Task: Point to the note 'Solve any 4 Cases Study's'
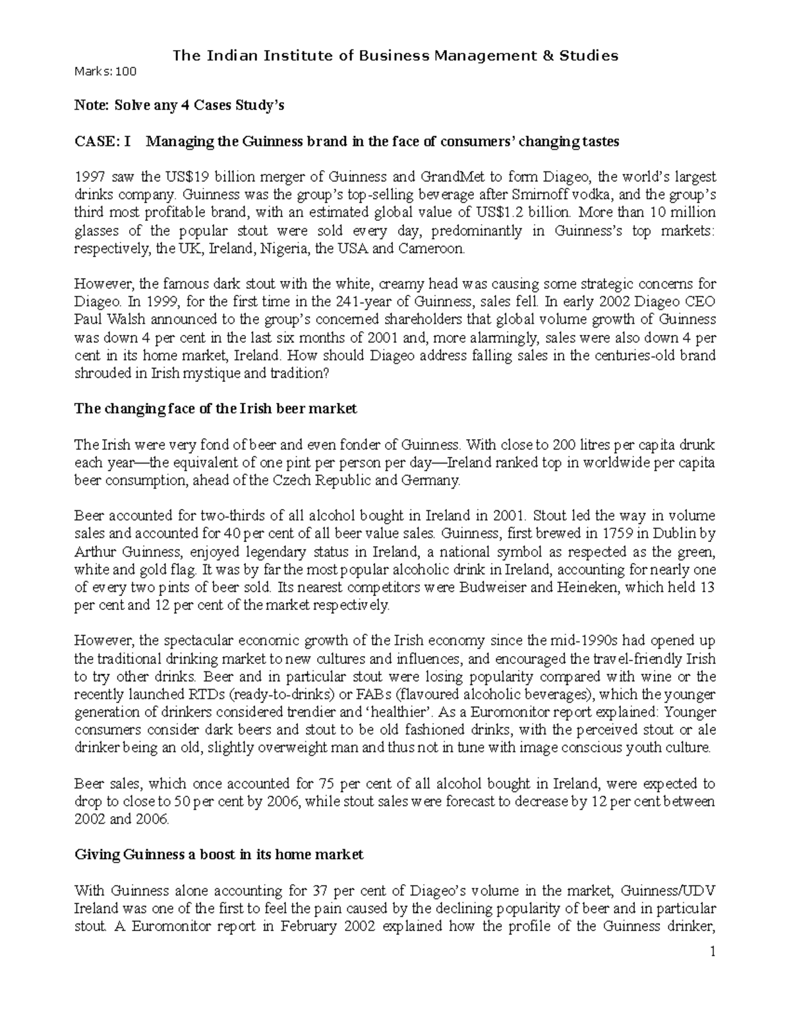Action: pyautogui.click(x=179, y=105)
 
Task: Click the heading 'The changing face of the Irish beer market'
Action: pyautogui.click(x=216, y=409)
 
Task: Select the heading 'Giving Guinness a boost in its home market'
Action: pyautogui.click(x=219, y=855)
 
